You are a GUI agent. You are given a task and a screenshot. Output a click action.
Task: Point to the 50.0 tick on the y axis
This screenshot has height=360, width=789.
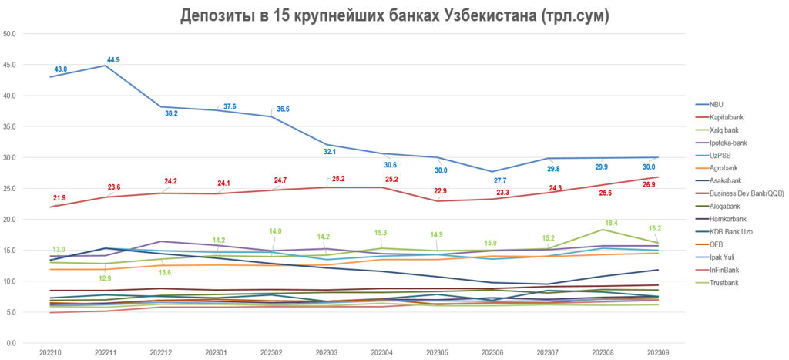click(12, 34)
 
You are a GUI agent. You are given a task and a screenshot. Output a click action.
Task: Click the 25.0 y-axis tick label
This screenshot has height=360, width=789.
click(12, 188)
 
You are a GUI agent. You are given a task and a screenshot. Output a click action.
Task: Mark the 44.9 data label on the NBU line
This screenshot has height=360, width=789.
click(113, 59)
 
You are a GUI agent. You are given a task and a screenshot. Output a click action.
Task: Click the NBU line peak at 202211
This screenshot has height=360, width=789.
click(105, 66)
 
